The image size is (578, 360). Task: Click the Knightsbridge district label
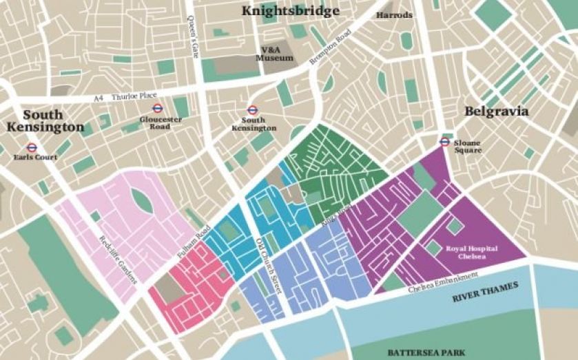point(289,11)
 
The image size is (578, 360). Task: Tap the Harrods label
point(395,15)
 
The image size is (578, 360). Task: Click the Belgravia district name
point(496,110)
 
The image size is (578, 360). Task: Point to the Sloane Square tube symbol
point(444,142)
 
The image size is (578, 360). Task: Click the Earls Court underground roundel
point(31,147)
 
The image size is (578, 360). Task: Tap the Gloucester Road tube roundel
point(157,108)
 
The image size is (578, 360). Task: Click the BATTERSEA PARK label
point(420,352)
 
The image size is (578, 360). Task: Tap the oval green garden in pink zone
point(142,201)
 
